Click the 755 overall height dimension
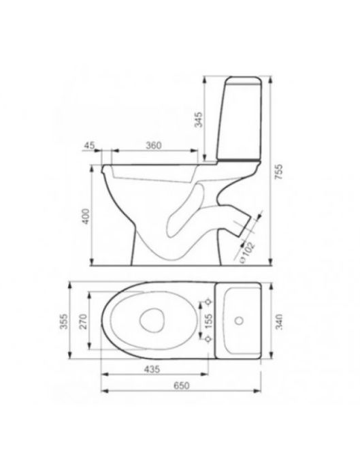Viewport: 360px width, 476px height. pos(279,172)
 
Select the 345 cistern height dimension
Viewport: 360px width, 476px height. pos(198,120)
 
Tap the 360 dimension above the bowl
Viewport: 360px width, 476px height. pos(154,146)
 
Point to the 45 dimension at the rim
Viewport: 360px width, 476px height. pos(89,146)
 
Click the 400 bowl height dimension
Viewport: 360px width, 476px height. pos(86,216)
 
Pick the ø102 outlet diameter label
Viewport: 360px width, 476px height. pos(246,253)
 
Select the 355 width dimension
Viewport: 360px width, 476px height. pos(64,321)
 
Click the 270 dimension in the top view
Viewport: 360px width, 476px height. pos(83,321)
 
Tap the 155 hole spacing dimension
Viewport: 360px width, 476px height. pos(208,321)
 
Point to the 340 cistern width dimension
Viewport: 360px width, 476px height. pos(279,322)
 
